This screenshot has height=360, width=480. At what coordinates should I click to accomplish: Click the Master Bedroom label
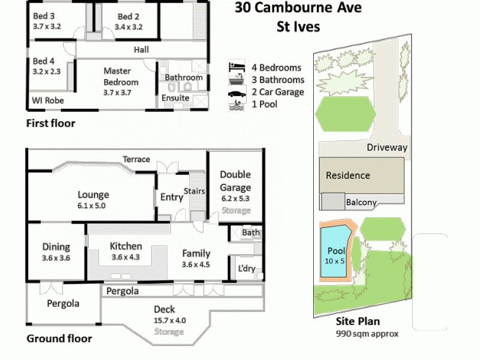(121, 76)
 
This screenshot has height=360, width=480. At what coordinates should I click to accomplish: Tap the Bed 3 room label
(44, 16)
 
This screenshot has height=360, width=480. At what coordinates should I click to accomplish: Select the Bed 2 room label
(128, 16)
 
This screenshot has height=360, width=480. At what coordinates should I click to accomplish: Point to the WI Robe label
(48, 101)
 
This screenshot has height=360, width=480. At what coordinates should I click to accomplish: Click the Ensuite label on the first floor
(176, 98)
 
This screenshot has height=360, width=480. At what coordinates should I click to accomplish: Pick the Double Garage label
(235, 179)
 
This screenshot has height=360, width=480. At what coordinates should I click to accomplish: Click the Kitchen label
(125, 246)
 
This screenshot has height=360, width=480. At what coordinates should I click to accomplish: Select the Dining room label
(56, 247)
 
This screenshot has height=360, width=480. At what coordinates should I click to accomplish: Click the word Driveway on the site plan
(386, 147)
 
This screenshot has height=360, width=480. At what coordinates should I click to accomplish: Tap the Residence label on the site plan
(348, 176)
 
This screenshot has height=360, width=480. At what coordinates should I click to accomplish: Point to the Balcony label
(361, 202)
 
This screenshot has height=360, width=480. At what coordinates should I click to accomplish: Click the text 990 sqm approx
(366, 334)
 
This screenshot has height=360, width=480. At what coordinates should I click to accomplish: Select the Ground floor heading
(59, 338)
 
